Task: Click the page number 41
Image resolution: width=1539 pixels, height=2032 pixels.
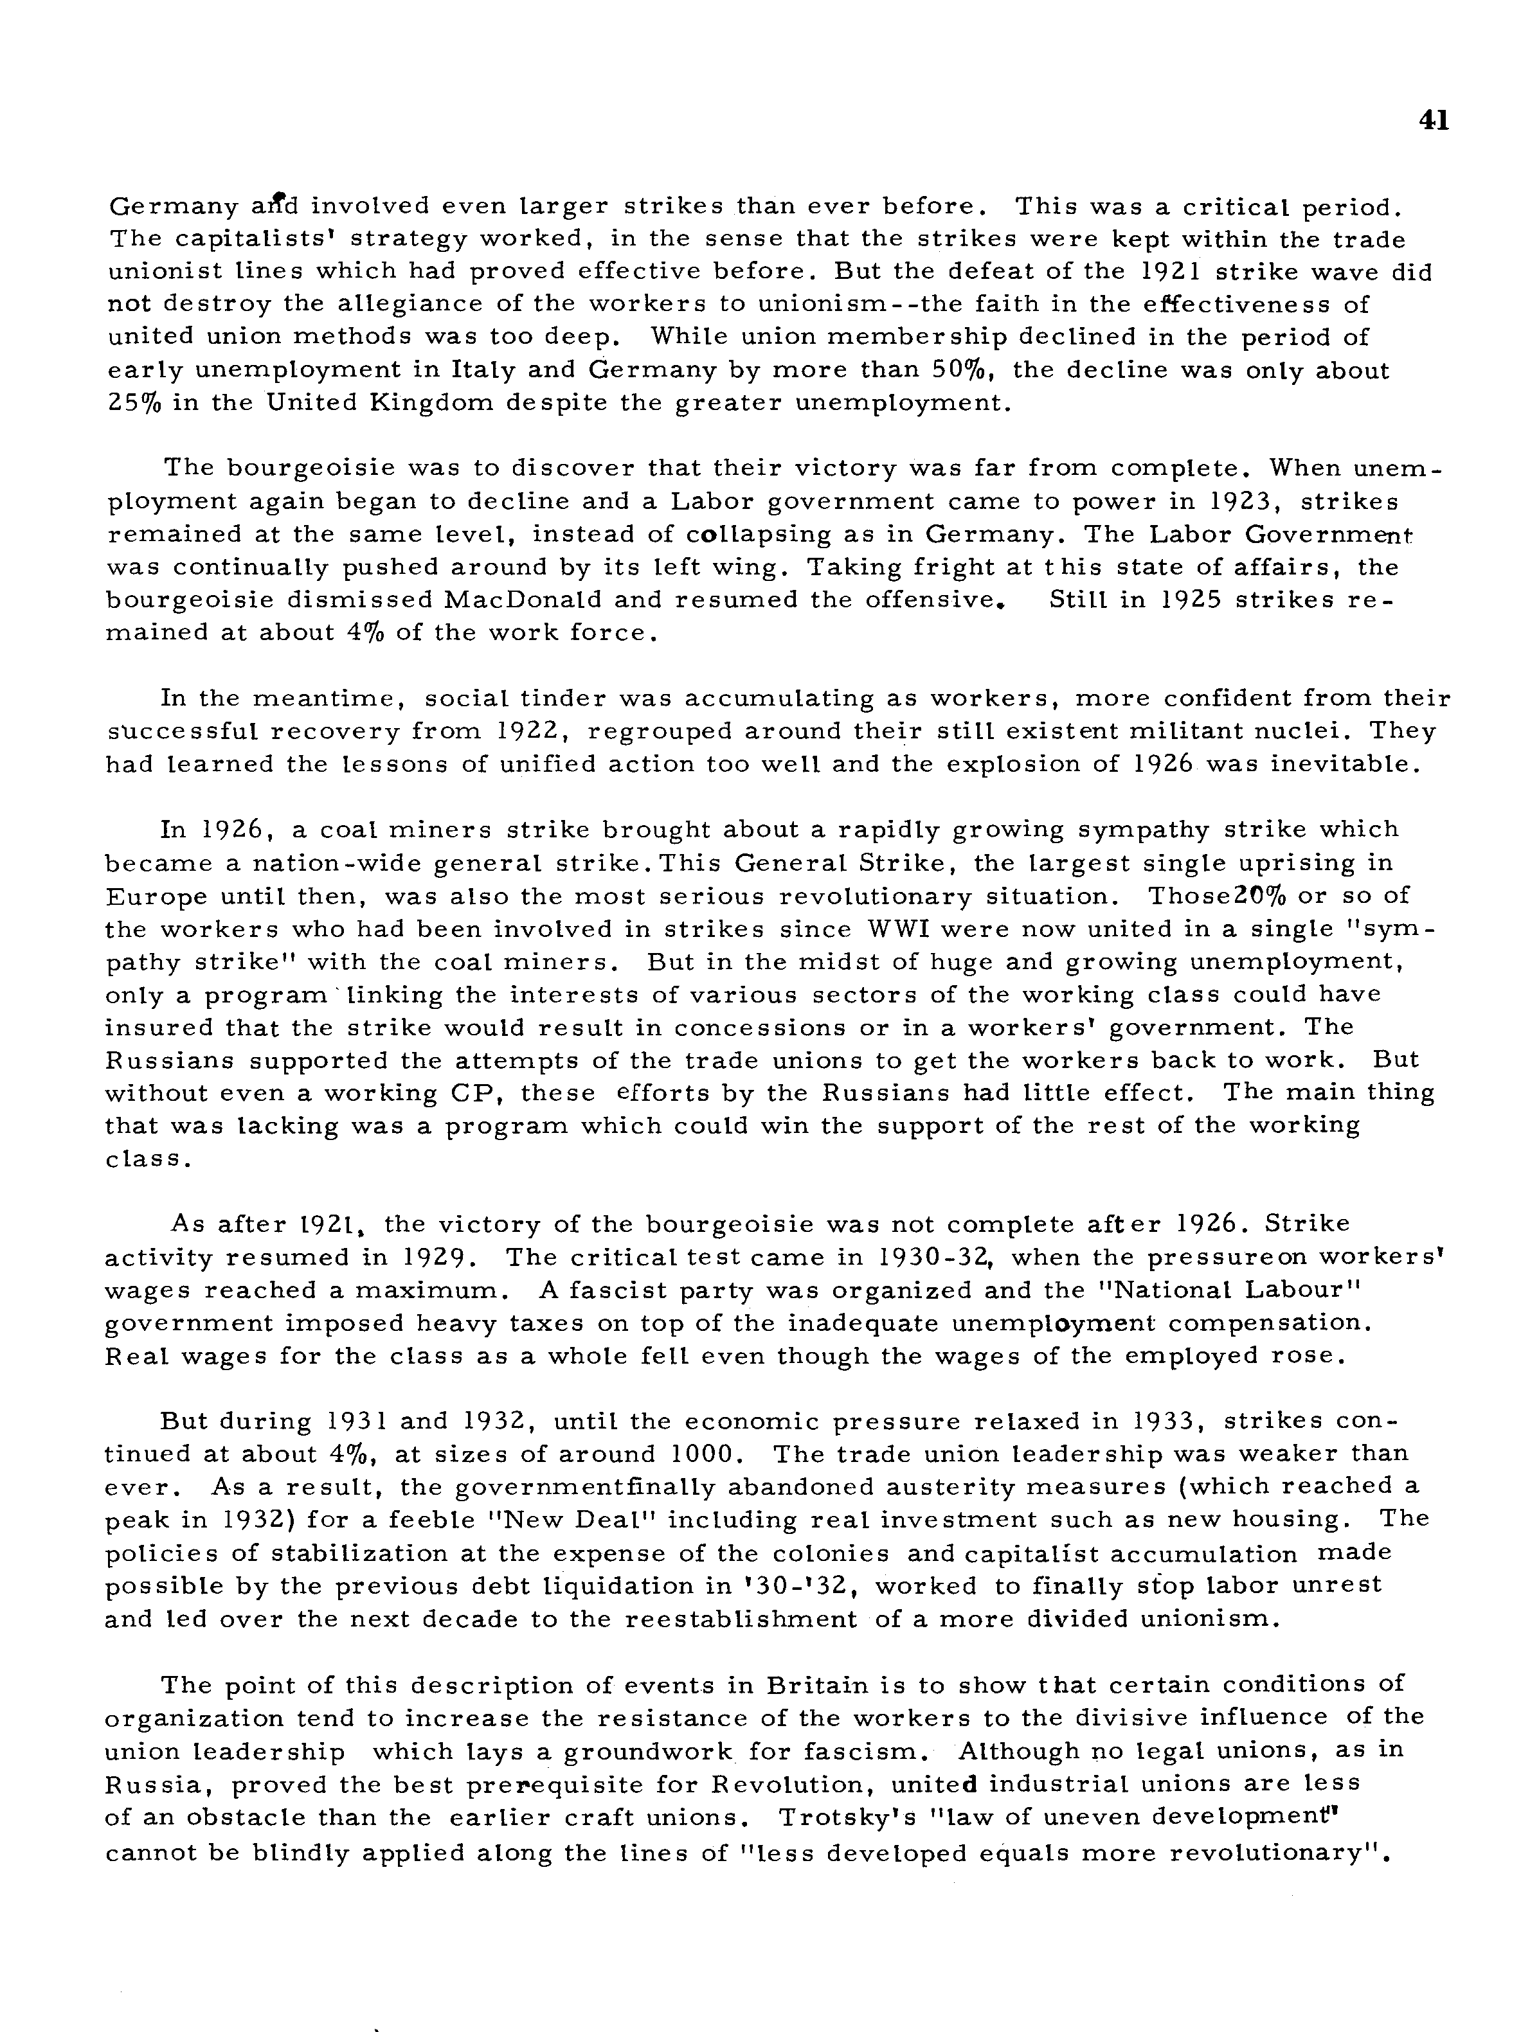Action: pyautogui.click(x=1434, y=120)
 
